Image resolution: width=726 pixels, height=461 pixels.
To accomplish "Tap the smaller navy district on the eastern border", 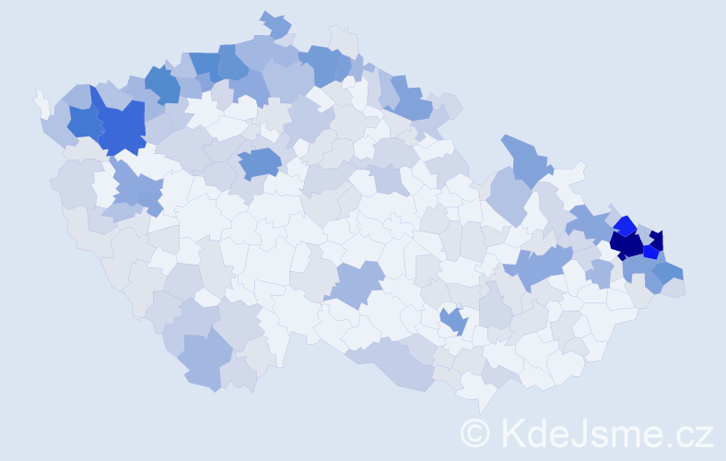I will (x=656, y=237).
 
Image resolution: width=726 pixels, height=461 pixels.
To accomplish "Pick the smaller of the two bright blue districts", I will (x=650, y=251).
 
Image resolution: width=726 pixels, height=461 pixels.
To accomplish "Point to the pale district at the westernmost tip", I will (x=41, y=102).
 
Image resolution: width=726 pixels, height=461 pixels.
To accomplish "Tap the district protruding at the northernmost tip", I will (x=275, y=23).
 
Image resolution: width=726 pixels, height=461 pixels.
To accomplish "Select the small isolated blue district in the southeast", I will (x=452, y=321).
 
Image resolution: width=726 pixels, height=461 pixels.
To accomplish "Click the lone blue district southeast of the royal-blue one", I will (x=260, y=162).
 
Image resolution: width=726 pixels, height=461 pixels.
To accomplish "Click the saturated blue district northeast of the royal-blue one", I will (x=162, y=84).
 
